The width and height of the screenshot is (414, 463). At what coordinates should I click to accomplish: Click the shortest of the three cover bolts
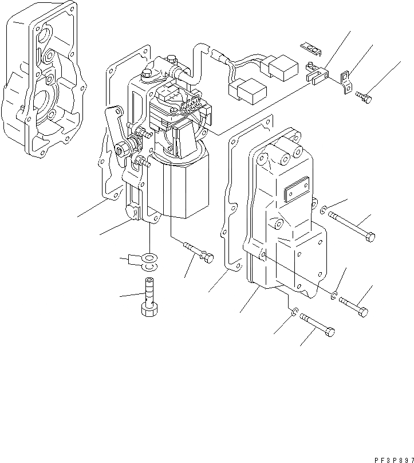353,306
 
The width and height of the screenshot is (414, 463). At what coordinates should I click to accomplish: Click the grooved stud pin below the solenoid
198,253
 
